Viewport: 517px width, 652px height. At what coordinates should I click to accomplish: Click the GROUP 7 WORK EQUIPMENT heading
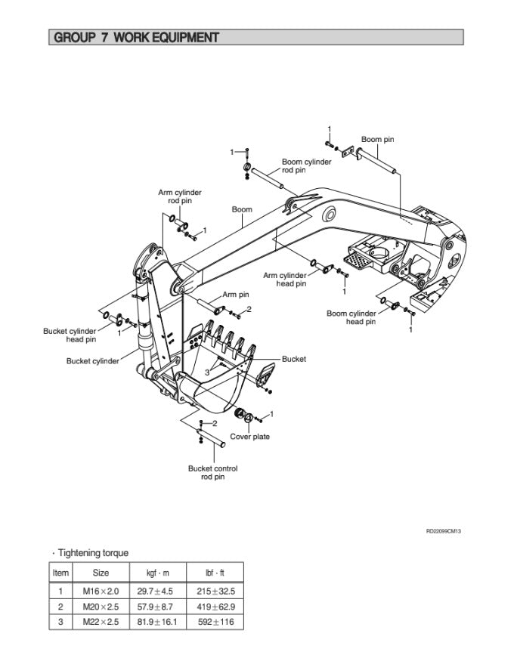click(137, 37)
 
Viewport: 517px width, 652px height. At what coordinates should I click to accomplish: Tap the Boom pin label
click(377, 140)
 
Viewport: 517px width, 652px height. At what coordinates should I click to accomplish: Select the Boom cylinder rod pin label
click(306, 166)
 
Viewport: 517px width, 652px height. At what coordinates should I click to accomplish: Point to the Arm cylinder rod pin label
click(180, 197)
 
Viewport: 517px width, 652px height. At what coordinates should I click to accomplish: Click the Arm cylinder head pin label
click(285, 280)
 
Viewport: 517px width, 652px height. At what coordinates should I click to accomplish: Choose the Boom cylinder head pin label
click(351, 317)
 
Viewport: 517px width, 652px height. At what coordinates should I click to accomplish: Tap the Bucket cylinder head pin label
click(70, 335)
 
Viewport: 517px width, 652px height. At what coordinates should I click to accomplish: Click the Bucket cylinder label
click(93, 361)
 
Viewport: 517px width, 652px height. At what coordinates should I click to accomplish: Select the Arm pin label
click(236, 295)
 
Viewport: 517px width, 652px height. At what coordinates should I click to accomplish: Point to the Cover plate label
click(249, 437)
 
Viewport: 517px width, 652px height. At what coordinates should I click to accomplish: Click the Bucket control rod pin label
click(212, 472)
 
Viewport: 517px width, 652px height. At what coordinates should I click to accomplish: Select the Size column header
click(101, 573)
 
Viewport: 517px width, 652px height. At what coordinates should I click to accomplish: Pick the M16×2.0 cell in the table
click(101, 589)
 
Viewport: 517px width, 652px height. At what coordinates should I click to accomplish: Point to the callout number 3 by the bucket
click(207, 372)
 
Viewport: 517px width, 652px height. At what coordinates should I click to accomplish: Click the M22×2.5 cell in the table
click(101, 623)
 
